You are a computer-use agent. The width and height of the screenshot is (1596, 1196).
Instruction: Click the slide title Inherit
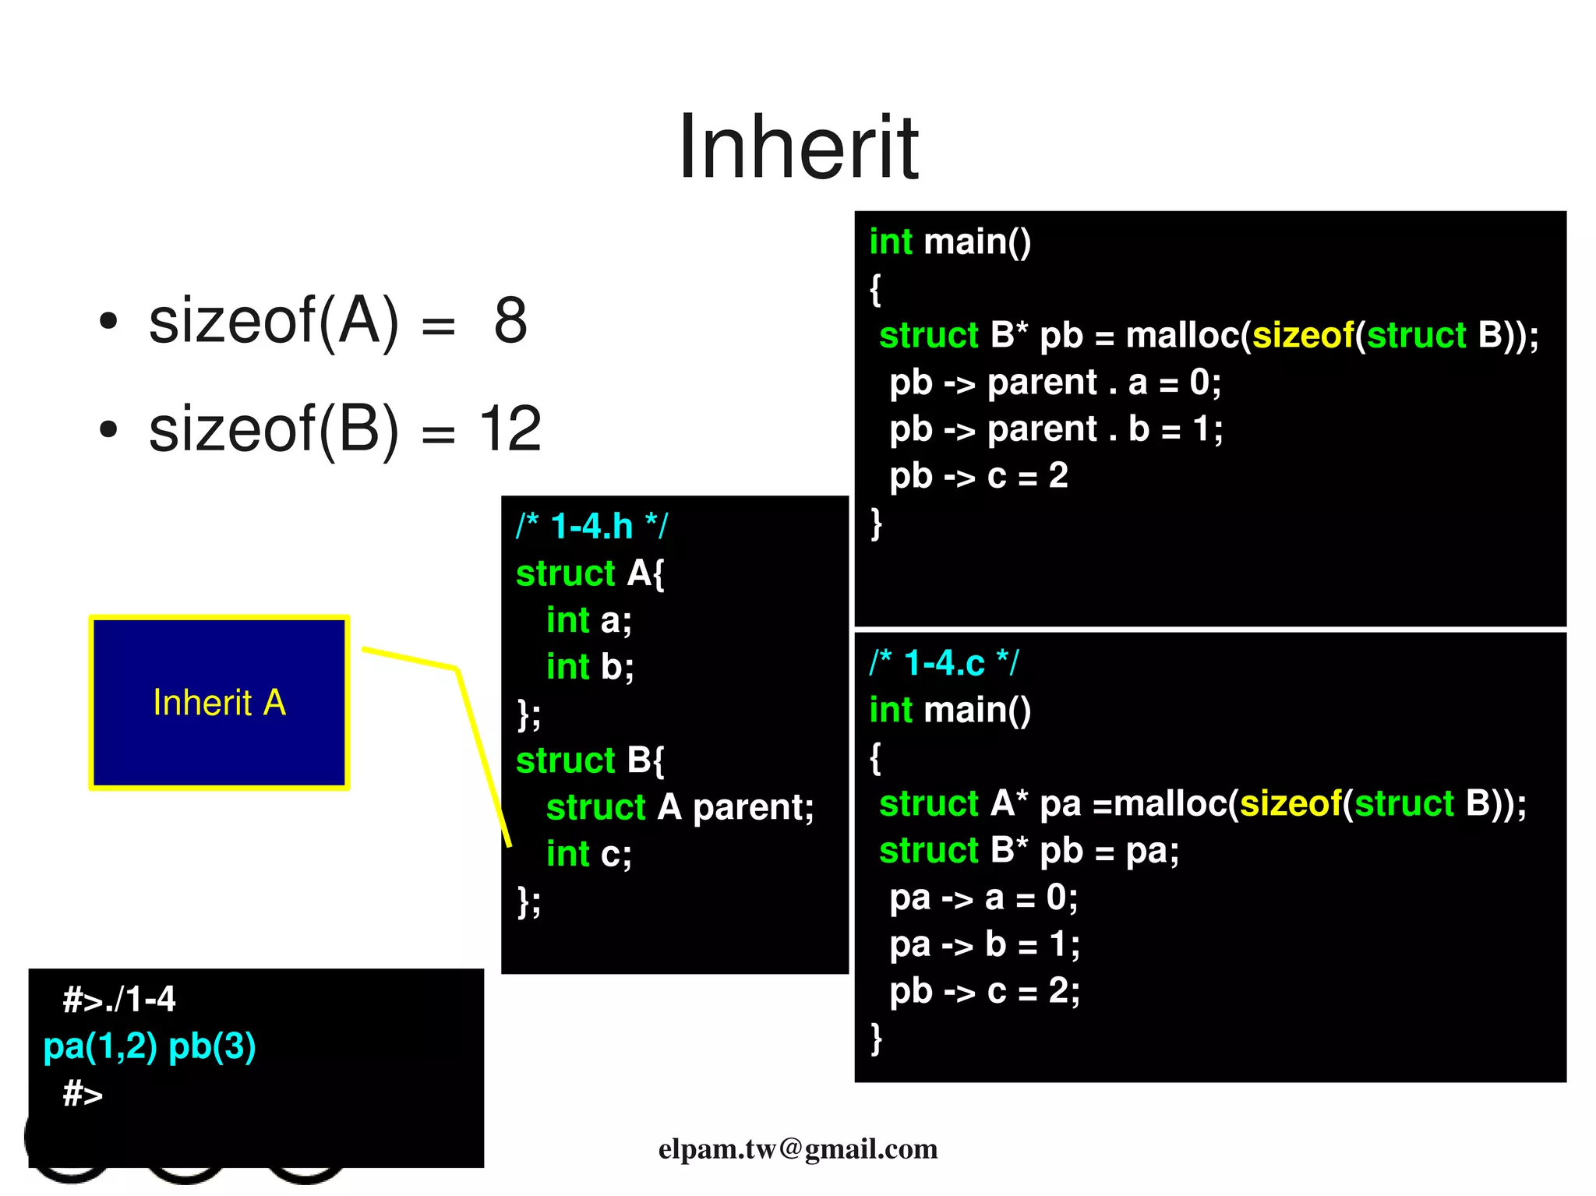[798, 146]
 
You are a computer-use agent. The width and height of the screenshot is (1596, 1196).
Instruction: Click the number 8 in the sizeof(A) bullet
[510, 320]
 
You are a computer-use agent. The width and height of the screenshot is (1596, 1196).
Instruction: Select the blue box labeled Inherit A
[219, 702]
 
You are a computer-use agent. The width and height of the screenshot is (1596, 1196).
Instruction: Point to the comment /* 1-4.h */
[591, 527]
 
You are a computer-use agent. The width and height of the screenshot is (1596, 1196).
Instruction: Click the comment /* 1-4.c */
[944, 663]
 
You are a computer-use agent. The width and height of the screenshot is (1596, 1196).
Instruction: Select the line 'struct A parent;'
[680, 807]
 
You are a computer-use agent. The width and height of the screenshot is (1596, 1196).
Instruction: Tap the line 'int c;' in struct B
[588, 854]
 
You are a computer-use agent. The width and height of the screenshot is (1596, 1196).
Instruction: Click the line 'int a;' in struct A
[588, 620]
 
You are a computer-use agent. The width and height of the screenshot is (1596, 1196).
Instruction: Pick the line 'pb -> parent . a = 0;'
[1055, 383]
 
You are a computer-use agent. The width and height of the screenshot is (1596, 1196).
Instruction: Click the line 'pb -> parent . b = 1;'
[1056, 429]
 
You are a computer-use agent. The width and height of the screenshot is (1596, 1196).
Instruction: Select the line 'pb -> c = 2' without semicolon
[978, 476]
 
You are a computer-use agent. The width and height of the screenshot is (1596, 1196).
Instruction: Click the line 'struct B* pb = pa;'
[1029, 851]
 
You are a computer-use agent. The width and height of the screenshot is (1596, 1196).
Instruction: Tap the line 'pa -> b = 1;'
[984, 944]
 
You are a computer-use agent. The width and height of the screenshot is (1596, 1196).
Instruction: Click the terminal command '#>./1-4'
[119, 999]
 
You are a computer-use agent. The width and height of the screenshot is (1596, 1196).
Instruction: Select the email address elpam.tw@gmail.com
[798, 1148]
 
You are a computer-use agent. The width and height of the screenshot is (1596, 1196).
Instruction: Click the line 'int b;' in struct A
[590, 667]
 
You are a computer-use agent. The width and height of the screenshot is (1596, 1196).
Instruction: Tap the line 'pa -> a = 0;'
[983, 898]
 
